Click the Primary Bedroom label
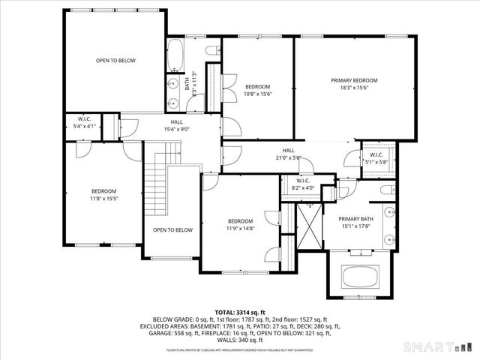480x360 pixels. [354, 80]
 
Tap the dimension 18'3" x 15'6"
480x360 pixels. [354, 88]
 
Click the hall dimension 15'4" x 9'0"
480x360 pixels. [176, 128]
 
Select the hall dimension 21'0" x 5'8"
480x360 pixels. [289, 157]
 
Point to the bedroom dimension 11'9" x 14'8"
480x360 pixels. [241, 228]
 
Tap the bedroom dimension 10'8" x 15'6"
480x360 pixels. [257, 94]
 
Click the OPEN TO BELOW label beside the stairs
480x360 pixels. [172, 230]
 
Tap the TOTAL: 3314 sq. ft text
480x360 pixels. [239, 311]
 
